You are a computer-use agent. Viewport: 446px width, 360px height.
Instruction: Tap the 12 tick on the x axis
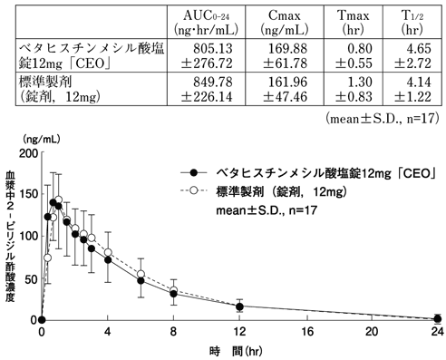[239, 333]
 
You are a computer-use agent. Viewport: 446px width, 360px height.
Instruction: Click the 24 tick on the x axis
[437, 333]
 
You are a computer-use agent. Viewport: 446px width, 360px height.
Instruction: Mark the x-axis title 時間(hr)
[239, 350]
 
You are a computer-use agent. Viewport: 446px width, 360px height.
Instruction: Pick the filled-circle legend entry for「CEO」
[308, 172]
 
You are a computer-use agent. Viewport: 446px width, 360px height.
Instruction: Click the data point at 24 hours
[437, 318]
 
